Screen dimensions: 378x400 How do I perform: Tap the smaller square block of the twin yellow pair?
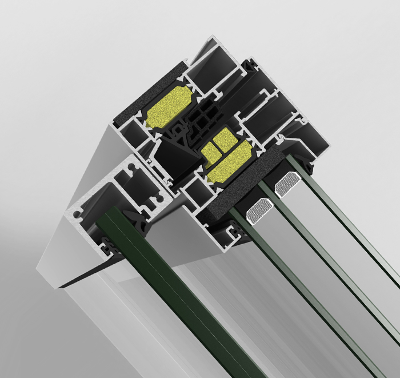pos(209,151)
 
